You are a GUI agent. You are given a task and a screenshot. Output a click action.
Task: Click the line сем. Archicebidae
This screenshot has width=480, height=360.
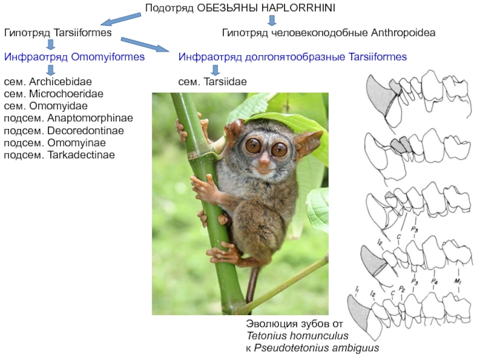[49, 81]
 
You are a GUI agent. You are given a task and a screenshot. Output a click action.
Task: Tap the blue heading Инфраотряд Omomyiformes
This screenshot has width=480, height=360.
[75, 57]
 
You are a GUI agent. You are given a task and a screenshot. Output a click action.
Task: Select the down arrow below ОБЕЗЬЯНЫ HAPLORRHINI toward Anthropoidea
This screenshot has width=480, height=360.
[272, 20]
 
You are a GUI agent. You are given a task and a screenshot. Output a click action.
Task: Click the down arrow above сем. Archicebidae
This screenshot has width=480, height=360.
[50, 69]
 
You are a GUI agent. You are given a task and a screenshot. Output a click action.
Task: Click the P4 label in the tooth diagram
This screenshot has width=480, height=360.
[433, 281]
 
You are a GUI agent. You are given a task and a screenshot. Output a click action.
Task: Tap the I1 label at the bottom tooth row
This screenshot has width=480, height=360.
[356, 290]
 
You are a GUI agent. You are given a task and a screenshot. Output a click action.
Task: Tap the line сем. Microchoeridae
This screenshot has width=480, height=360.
[53, 94]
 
